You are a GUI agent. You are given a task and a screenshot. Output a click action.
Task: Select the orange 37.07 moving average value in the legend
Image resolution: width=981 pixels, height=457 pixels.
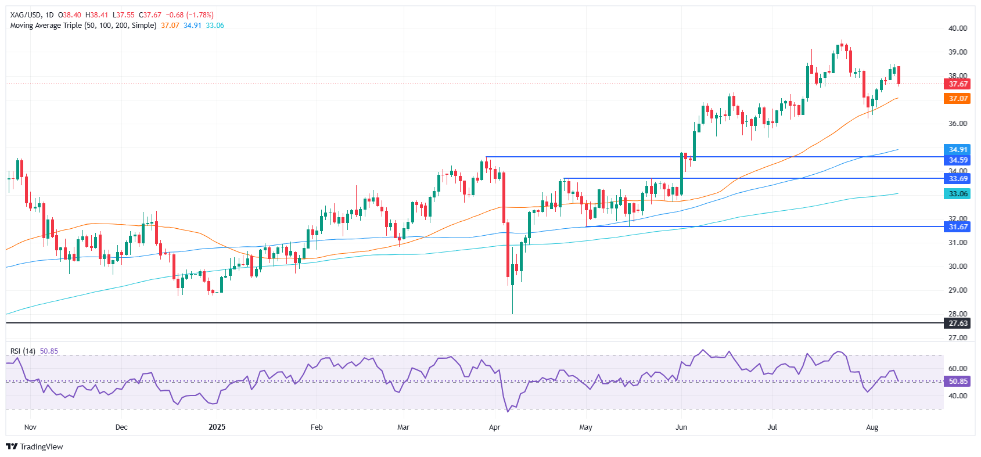tap(170, 26)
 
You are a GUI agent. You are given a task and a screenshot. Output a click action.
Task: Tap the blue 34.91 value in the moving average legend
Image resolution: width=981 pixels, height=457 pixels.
tap(192, 26)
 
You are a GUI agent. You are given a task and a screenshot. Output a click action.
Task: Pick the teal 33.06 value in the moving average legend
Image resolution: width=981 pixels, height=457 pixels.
tap(214, 26)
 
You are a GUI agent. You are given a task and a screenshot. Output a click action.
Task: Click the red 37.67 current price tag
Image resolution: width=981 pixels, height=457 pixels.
tap(957, 84)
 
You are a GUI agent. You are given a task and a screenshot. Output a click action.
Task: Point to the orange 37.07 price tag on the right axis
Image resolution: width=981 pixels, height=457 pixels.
tap(957, 99)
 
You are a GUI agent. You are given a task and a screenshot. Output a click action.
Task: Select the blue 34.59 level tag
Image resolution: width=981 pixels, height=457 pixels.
tap(957, 160)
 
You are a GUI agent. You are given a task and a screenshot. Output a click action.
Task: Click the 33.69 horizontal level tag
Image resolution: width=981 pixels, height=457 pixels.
tap(957, 179)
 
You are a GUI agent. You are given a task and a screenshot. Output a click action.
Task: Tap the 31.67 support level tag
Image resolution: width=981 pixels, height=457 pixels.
tap(957, 226)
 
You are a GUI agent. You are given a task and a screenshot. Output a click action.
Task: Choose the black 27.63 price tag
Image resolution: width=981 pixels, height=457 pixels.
tap(957, 323)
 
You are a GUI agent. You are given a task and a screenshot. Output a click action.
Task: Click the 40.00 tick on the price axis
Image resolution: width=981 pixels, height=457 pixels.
tap(957, 28)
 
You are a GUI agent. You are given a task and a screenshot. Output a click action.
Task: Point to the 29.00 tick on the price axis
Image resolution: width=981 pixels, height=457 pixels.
tap(957, 290)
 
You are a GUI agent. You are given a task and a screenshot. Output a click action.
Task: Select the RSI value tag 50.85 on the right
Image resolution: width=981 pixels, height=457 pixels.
tap(957, 382)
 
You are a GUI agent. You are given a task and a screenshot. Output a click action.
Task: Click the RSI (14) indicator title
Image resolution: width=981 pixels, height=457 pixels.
tap(23, 351)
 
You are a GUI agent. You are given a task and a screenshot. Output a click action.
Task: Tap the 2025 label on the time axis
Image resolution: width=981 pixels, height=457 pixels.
tap(217, 427)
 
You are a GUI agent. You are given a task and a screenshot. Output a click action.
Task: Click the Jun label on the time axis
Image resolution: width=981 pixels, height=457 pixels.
tap(681, 427)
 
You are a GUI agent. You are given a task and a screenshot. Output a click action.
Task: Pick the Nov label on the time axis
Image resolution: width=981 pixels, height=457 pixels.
tap(30, 427)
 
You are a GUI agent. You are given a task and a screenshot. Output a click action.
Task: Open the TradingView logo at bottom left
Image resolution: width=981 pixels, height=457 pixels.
tap(35, 447)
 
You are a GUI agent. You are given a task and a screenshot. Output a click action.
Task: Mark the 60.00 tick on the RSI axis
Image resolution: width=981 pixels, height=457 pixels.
tap(957, 369)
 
